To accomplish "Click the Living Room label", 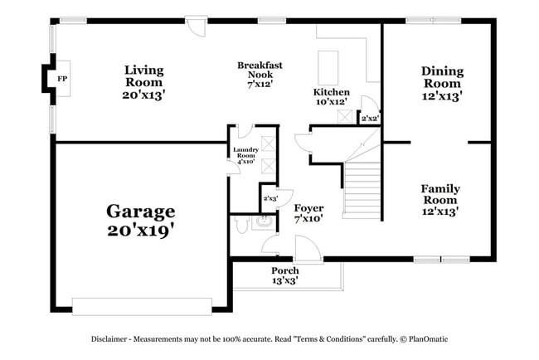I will point(144,82).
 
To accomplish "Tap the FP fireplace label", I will point(62,80).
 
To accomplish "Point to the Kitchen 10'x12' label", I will point(331,96).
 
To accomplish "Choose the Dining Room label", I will point(441,83).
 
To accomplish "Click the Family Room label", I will point(439,200).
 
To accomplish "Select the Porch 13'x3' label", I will point(284,275).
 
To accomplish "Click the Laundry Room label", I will point(246,155).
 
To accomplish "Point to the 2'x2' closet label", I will point(370,119).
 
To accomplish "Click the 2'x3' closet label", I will point(269,199).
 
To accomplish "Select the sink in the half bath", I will point(264,221).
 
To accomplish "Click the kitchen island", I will point(328,64).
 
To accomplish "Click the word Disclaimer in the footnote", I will point(113,339).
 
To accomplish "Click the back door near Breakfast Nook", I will point(196,27).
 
